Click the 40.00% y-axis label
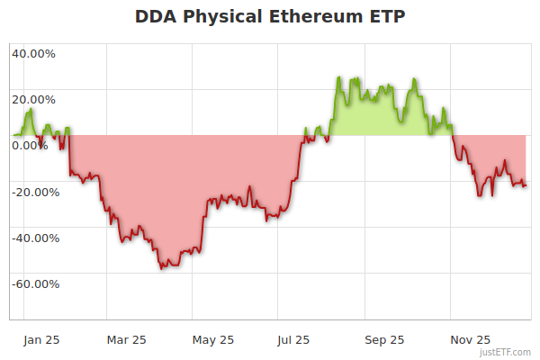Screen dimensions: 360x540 33,53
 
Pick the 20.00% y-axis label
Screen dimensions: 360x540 33,100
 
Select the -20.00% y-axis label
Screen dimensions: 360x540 35,192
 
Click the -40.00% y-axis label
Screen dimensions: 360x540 35,238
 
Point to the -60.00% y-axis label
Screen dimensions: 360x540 35,284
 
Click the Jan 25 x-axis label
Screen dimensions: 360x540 41,339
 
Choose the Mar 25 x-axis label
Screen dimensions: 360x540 127,339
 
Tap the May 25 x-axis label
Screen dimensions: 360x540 213,339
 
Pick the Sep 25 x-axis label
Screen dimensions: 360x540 384,339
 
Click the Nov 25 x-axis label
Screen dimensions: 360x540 471,339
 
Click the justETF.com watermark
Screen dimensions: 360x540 506,353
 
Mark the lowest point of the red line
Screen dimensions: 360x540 162,268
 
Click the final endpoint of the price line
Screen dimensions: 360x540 526,185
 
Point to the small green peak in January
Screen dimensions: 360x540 31,109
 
